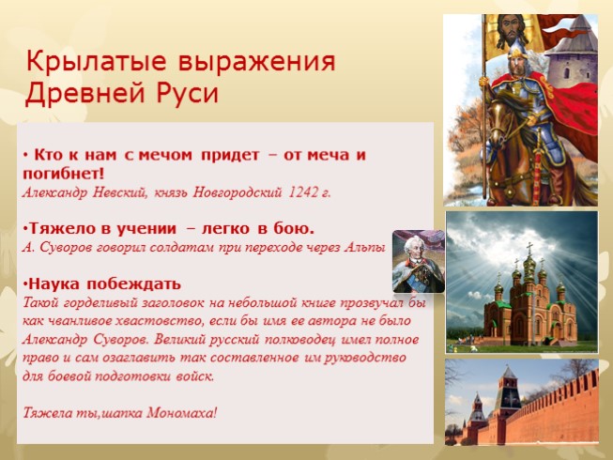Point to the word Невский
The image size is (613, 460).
click(x=114, y=192)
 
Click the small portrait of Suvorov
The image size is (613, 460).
click(x=418, y=261)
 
